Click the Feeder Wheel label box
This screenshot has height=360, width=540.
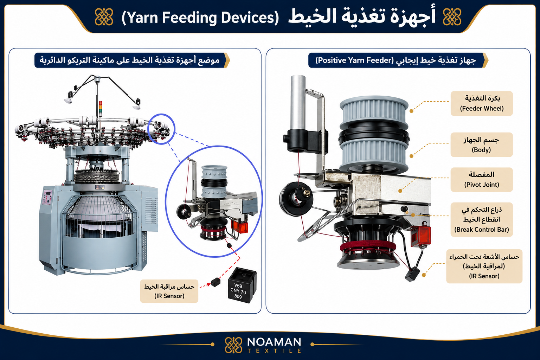tap(482, 103)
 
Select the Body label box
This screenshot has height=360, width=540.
tap(482, 145)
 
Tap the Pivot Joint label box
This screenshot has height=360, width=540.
tap(482, 180)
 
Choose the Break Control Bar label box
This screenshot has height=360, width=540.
tap(482, 219)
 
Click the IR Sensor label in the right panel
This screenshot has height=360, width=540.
tap(484, 266)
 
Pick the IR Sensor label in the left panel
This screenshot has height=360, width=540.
tap(169, 291)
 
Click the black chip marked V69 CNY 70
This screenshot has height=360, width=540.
tap(242, 285)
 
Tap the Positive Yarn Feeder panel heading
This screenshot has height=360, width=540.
tap(397, 60)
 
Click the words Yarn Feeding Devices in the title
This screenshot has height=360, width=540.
tap(200, 18)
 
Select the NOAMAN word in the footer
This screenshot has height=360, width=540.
tap(274, 342)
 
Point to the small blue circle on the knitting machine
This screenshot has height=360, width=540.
tap(161, 129)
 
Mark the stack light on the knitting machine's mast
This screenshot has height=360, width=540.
tap(100, 109)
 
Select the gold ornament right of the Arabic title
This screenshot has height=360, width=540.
tap(452, 17)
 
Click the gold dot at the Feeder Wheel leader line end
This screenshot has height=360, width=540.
tap(412, 111)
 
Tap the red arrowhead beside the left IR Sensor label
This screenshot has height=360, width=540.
tap(208, 285)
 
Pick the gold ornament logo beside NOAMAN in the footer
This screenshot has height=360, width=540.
tap(233, 345)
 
